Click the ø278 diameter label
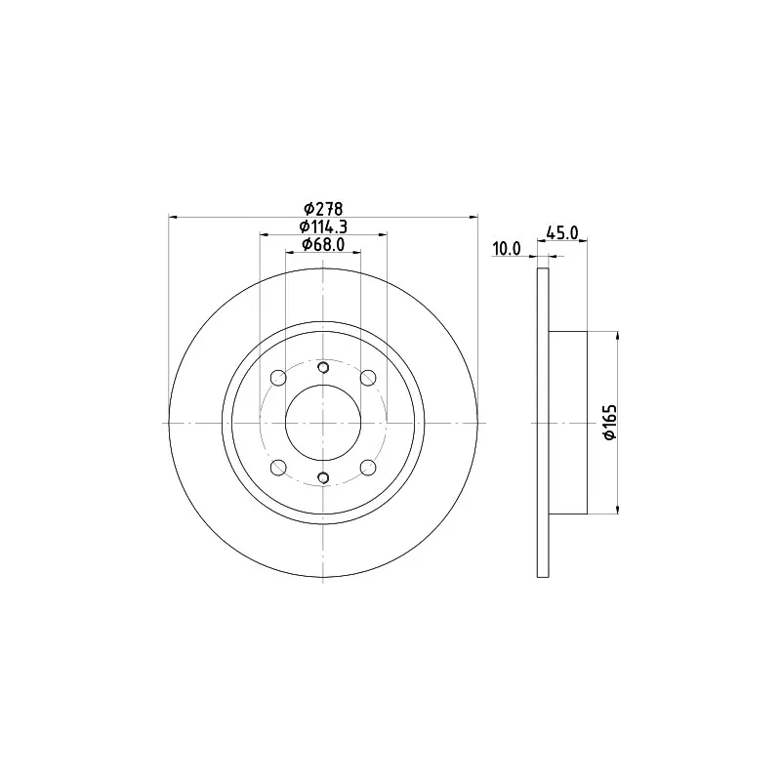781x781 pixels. (323, 208)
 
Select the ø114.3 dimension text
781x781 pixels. (323, 226)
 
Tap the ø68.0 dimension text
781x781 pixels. (323, 245)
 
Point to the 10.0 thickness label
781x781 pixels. (507, 249)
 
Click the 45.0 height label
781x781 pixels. (562, 232)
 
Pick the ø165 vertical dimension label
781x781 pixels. (610, 423)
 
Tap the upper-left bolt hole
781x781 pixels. (278, 378)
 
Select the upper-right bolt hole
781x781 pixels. (368, 378)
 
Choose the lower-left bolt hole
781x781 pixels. (278, 468)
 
